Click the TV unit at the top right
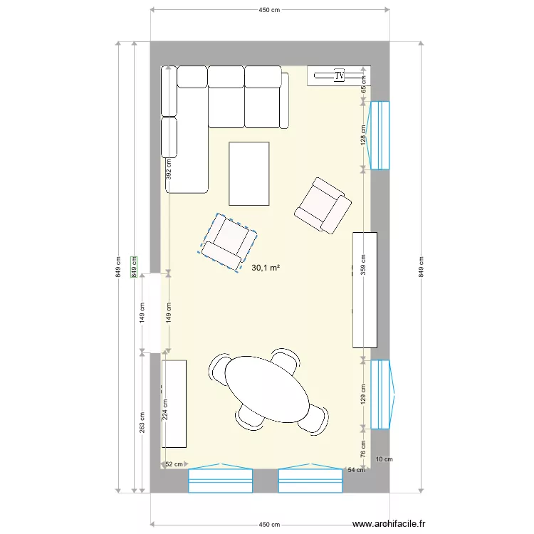pyautogui.click(x=339, y=75)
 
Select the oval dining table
pyautogui.click(x=268, y=389)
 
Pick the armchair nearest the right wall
pyautogui.click(x=323, y=205)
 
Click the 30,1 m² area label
pyautogui.click(x=266, y=268)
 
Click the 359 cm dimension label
pyautogui.click(x=363, y=266)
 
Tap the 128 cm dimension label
pyautogui.click(x=363, y=135)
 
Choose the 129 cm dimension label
pyautogui.click(x=363, y=393)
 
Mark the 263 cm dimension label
pyautogui.click(x=142, y=422)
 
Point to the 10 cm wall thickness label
pyautogui.click(x=383, y=459)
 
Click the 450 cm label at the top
pyautogui.click(x=268, y=10)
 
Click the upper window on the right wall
pyautogui.click(x=380, y=135)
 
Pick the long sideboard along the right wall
pyautogui.click(x=365, y=290)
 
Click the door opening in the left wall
pyautogui.click(x=151, y=313)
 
